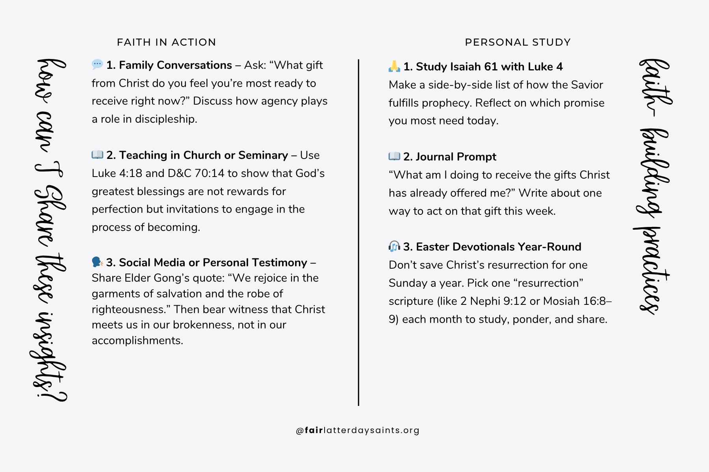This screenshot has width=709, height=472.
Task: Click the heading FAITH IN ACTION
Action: pyautogui.click(x=166, y=42)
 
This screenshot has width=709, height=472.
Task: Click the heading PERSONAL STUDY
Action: pyautogui.click(x=518, y=42)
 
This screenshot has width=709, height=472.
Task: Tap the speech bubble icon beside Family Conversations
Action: pyautogui.click(x=97, y=64)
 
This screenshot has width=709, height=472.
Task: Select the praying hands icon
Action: pyautogui.click(x=394, y=66)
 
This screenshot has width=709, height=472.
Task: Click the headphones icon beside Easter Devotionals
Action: pyautogui.click(x=394, y=247)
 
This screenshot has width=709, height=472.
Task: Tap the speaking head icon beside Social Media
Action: pyautogui.click(x=97, y=262)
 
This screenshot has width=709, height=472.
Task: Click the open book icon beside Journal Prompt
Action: pyautogui.click(x=394, y=156)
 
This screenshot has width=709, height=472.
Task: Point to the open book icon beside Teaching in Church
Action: pyautogui.click(x=97, y=155)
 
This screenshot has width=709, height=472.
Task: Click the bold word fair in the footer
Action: pyautogui.click(x=314, y=430)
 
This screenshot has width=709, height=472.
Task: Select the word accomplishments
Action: pyautogui.click(x=137, y=341)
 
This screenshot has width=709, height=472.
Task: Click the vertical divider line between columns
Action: pyautogui.click(x=358, y=232)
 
